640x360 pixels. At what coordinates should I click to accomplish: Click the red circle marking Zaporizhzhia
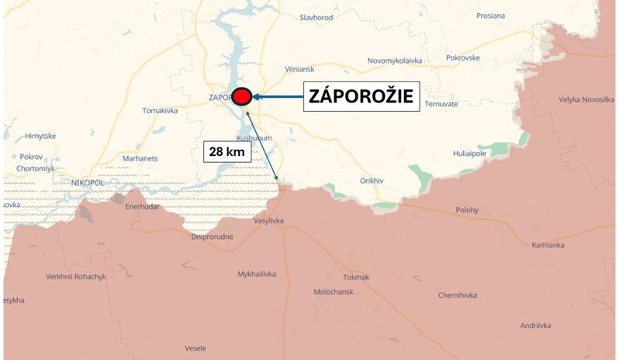pyautogui.click(x=241, y=97)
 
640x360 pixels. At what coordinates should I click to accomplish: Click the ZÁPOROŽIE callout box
pyautogui.click(x=361, y=97)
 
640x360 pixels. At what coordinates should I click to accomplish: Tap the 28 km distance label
pyautogui.click(x=227, y=151)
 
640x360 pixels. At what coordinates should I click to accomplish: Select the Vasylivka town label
pyautogui.click(x=269, y=221)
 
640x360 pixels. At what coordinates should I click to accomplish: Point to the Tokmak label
pyautogui.click(x=356, y=277)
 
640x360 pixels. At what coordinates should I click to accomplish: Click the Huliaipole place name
pyautogui.click(x=469, y=154)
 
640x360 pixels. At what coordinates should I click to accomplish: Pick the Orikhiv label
pyautogui.click(x=372, y=180)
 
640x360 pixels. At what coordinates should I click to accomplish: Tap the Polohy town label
pyautogui.click(x=467, y=210)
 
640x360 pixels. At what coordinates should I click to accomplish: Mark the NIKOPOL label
pyautogui.click(x=86, y=182)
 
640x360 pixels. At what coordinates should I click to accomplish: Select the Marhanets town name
pyautogui.click(x=140, y=158)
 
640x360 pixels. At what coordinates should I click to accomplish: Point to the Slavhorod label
pyautogui.click(x=317, y=17)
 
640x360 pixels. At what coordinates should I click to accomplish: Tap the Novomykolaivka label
pyautogui.click(x=395, y=61)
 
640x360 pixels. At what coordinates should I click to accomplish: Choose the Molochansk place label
pyautogui.click(x=334, y=292)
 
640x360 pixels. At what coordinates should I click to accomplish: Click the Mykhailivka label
pyautogui.click(x=257, y=275)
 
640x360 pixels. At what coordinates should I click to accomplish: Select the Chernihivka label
pyautogui.click(x=458, y=295)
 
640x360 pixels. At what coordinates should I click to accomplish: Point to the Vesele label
pyautogui.click(x=195, y=348)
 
